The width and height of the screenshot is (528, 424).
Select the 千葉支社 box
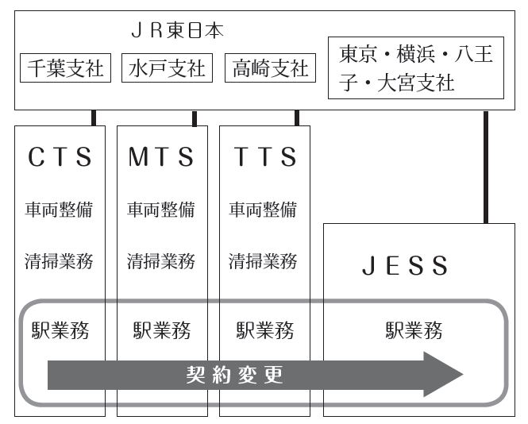click(66, 68)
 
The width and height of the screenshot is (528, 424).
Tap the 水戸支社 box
click(166, 68)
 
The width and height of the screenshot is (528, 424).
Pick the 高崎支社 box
click(270, 68)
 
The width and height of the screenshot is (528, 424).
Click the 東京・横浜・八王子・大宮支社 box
click(415, 68)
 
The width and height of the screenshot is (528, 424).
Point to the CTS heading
click(60, 157)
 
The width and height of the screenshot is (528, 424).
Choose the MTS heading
click(161, 157)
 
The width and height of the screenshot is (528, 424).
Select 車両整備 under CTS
click(60, 210)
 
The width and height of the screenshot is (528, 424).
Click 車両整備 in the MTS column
click(161, 210)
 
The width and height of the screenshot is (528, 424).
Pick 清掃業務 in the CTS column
click(60, 260)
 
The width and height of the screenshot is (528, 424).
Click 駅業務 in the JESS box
click(414, 330)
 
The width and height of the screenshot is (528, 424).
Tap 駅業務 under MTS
click(161, 330)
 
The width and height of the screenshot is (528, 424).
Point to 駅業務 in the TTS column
click(265, 330)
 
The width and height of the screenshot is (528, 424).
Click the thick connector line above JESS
click(486, 167)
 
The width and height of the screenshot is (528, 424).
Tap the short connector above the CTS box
click(94, 118)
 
